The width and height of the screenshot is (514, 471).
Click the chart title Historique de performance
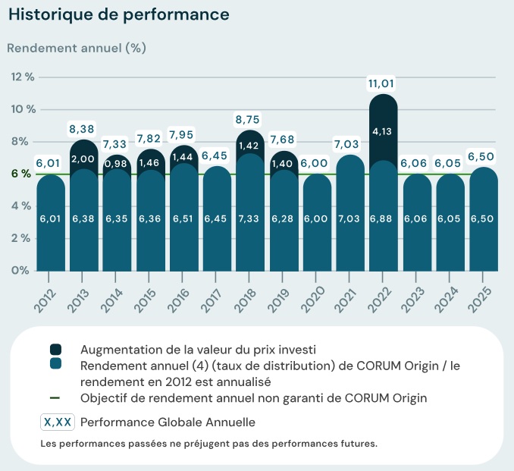118,14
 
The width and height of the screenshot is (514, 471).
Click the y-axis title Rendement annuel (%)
77,48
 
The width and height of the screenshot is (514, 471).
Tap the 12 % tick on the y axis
23,77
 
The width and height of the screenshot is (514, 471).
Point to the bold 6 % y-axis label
20,174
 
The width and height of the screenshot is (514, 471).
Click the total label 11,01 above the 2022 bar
384,83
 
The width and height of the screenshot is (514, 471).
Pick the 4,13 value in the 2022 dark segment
384,131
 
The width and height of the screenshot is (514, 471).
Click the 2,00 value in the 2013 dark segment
83,159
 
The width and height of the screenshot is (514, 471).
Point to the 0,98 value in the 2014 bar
117,164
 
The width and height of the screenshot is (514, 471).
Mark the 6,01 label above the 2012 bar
50,163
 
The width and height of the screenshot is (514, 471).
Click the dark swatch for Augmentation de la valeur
56,349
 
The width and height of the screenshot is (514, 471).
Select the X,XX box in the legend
58,422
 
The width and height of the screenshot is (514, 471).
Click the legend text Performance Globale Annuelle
168,422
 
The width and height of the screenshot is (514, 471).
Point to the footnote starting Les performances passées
208,443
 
